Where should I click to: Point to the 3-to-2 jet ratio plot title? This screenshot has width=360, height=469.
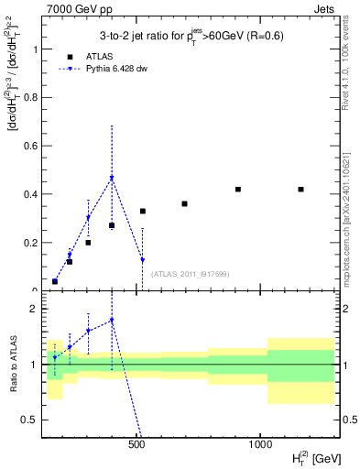click(x=190, y=36)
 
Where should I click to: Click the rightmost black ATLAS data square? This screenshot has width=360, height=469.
click(x=300, y=190)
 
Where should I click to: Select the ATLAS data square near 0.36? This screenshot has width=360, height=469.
click(x=184, y=203)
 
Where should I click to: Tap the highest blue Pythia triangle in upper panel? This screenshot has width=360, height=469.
click(x=112, y=179)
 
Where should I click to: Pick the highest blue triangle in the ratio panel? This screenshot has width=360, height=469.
click(x=112, y=321)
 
